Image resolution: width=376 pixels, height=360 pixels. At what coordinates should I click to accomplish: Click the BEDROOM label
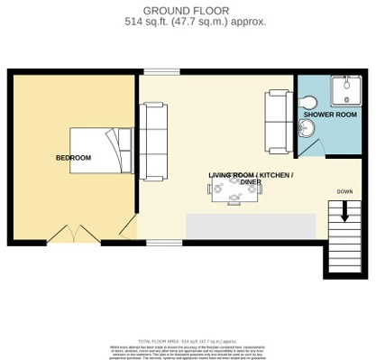(73, 158)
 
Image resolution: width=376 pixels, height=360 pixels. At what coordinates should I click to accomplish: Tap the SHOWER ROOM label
(329, 115)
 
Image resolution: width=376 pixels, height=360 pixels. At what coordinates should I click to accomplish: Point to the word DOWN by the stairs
(344, 191)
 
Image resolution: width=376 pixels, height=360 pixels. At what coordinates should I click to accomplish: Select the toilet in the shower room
(307, 101)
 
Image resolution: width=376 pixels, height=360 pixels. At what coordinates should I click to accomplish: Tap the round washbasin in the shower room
(307, 130)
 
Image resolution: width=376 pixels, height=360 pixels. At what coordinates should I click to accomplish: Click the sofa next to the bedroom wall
(152, 129)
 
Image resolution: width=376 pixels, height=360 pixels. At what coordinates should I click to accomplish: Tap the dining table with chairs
(234, 189)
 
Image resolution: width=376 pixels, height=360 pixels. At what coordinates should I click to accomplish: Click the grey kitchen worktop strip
(250, 226)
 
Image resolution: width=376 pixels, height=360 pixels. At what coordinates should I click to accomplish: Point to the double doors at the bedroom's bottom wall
(73, 236)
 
